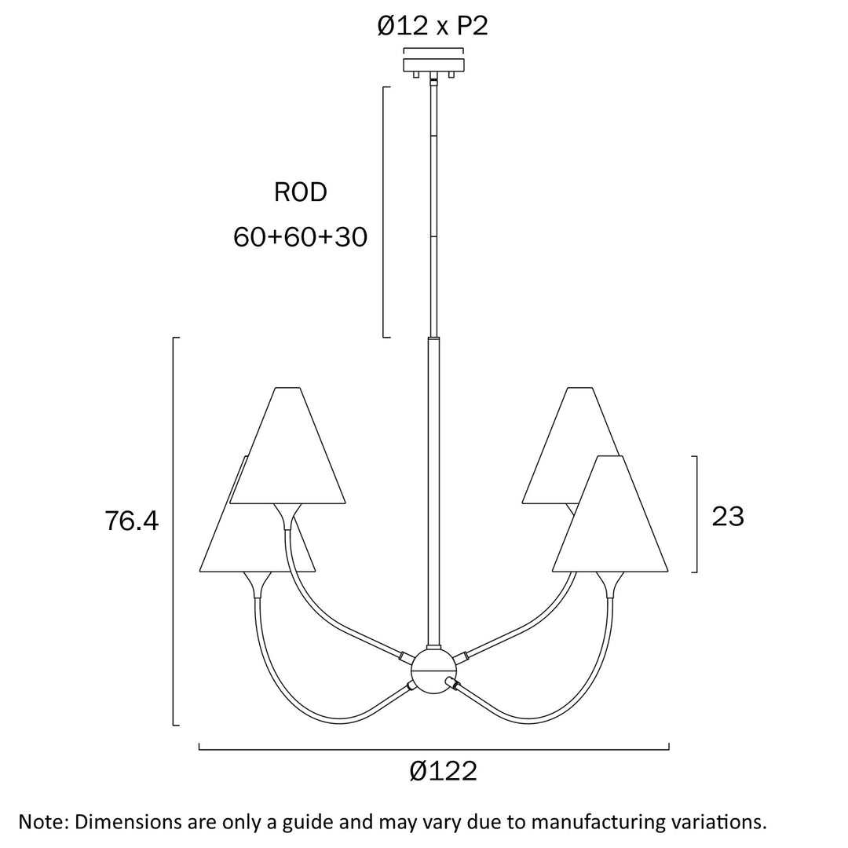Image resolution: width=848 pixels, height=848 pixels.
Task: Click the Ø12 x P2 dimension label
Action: (x=433, y=27)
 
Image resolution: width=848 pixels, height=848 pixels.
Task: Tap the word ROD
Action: (x=300, y=192)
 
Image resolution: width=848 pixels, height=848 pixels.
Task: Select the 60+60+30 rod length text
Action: (x=300, y=236)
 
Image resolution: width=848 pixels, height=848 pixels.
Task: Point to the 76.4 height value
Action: (x=131, y=521)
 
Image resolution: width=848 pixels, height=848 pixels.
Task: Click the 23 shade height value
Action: (x=727, y=517)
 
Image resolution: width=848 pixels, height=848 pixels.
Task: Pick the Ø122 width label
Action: (x=443, y=772)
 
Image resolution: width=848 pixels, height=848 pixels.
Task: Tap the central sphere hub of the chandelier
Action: (x=433, y=671)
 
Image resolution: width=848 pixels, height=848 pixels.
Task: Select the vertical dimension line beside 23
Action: (x=696, y=514)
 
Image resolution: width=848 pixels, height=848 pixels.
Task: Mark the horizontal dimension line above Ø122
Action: (x=433, y=749)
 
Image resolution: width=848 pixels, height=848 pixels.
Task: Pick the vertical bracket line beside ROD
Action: (x=384, y=212)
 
